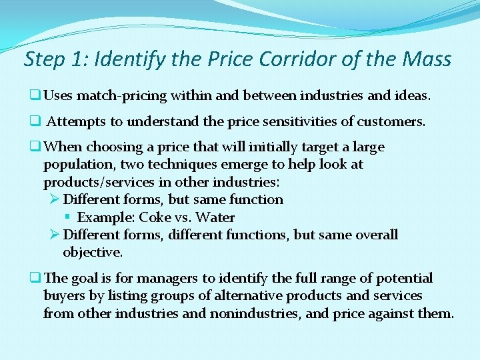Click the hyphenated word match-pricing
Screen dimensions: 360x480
(122, 96)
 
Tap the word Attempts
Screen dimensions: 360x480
(74, 122)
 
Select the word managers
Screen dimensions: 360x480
(163, 279)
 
